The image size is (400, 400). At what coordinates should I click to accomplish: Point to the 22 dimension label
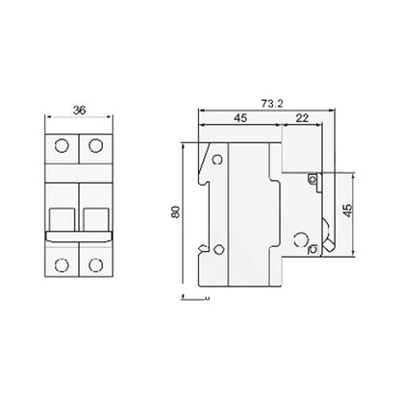[302, 118]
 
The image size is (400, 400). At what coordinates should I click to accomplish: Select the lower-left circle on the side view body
[219, 252]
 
